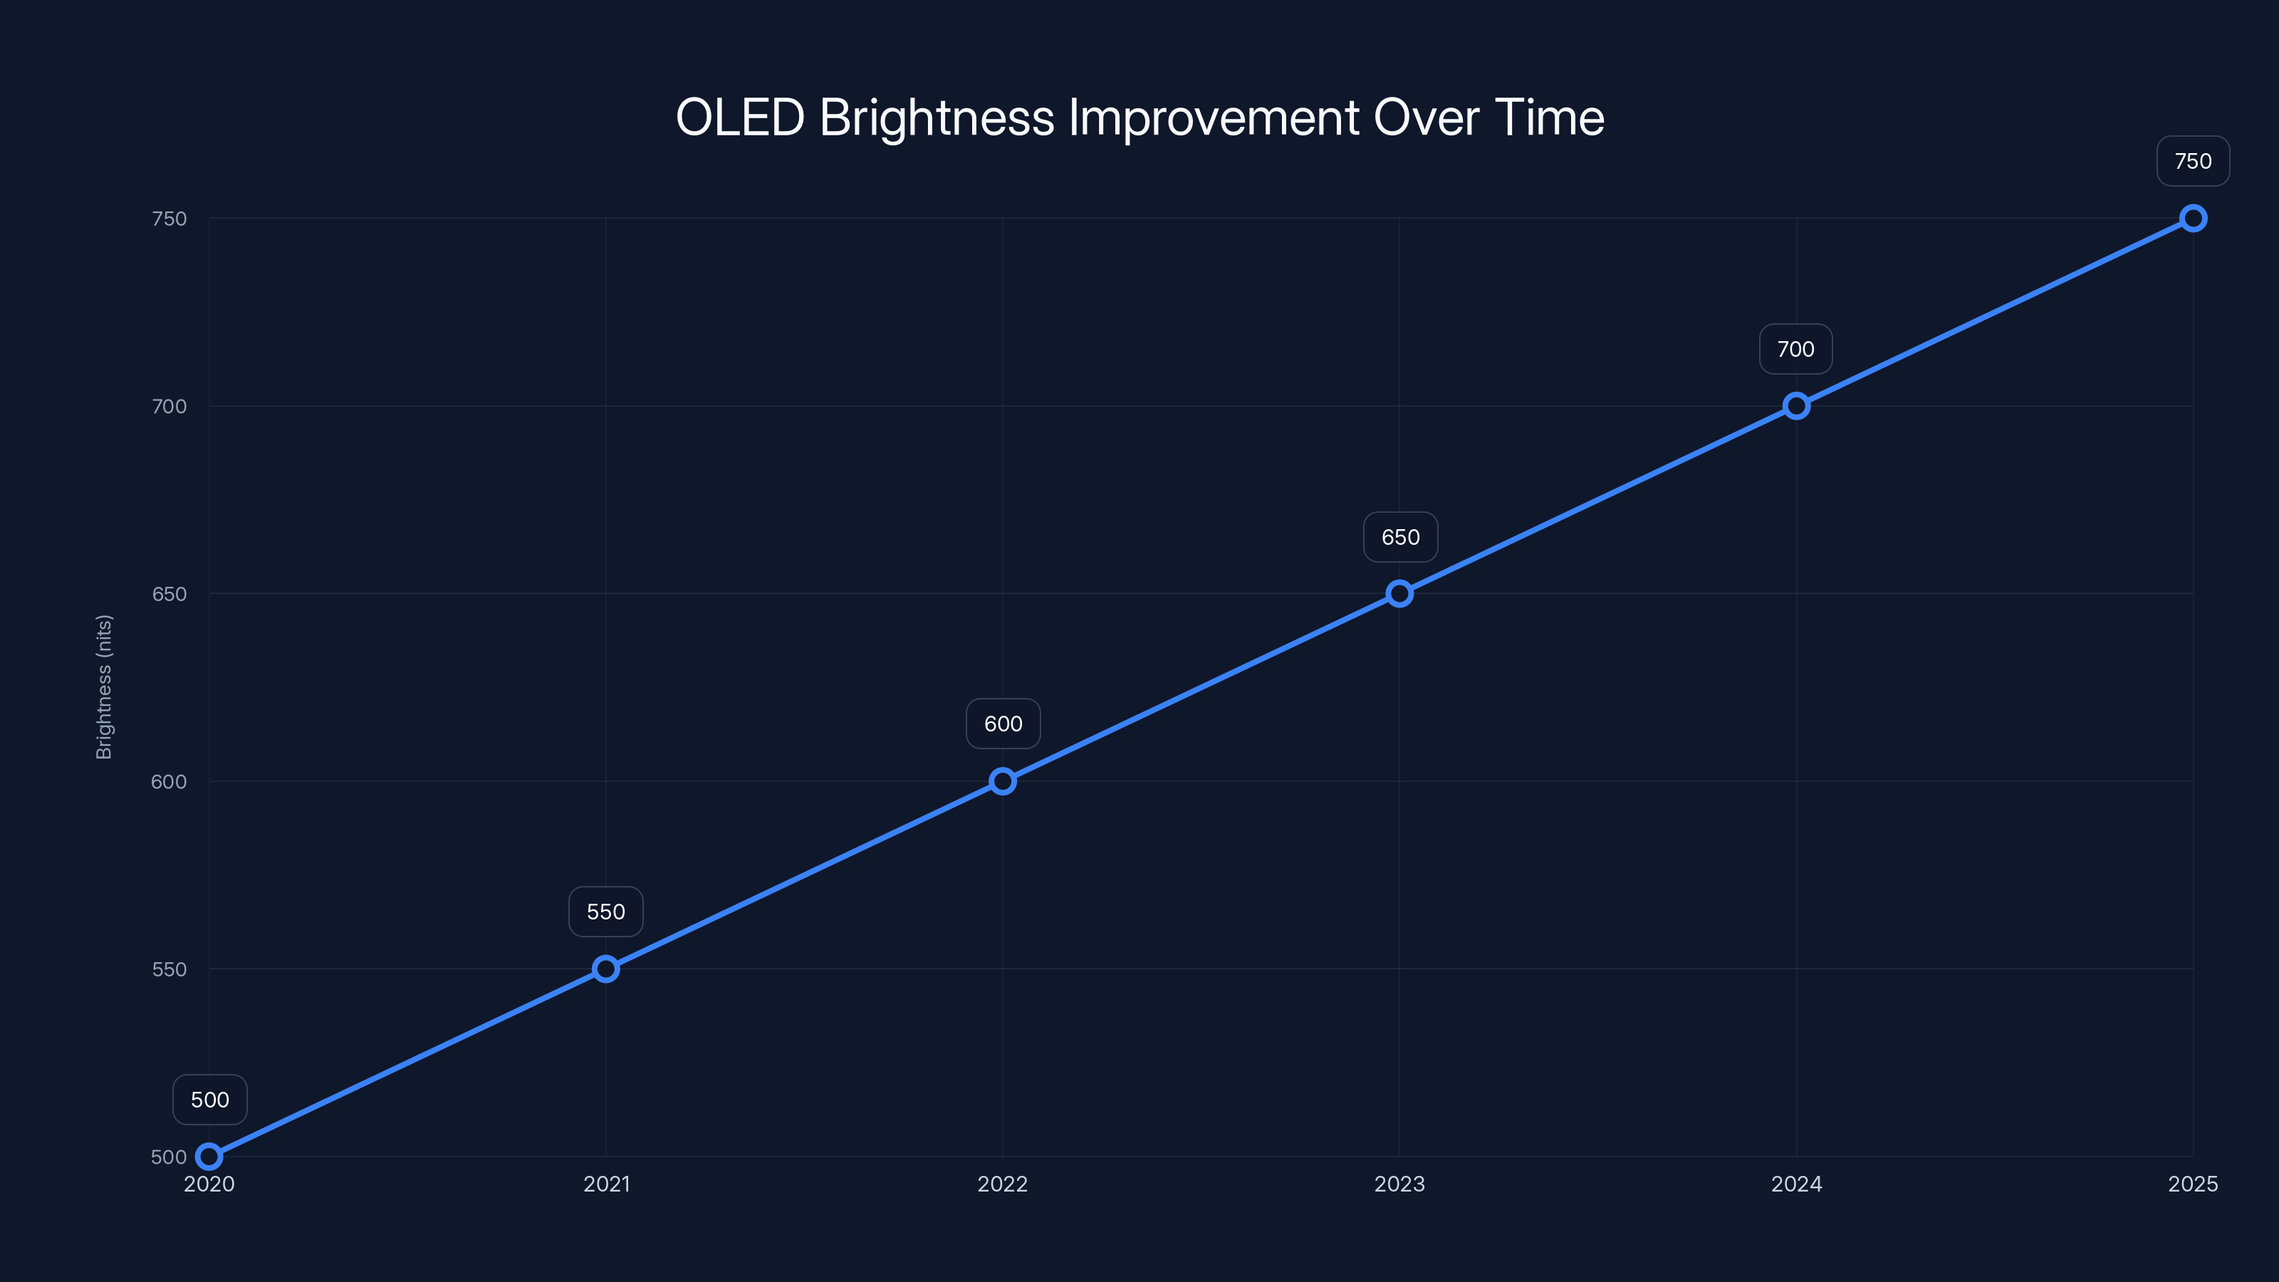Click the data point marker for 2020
tap(209, 1157)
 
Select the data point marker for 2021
tap(606, 969)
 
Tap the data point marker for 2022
tap(1002, 781)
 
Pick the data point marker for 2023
tap(1399, 594)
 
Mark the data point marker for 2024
tap(1796, 406)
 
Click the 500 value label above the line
tap(209, 1100)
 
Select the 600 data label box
tap(1003, 724)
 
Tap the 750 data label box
tap(2194, 161)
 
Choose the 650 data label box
tap(1400, 537)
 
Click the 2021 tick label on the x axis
tap(606, 1184)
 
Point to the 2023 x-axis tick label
tap(1399, 1184)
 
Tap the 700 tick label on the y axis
tap(169, 406)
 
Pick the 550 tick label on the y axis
tap(169, 969)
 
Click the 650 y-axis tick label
tap(169, 594)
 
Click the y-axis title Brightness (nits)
tap(105, 687)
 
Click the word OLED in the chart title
tap(740, 118)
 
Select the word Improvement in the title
tap(1214, 118)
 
